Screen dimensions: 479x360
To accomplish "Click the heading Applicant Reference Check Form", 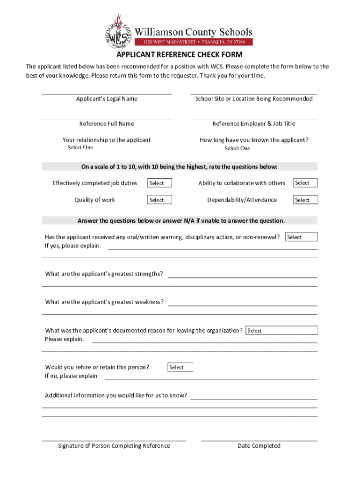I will [x=180, y=55].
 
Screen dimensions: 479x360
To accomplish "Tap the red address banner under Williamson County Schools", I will [x=194, y=42].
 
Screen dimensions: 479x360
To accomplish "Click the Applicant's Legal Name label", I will [x=107, y=99].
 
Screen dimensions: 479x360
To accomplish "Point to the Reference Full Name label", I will [x=107, y=123].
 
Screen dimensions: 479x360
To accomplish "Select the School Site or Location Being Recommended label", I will [x=254, y=99].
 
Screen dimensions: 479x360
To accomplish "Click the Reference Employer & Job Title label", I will [x=254, y=123].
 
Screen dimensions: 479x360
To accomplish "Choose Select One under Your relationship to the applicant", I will [x=80, y=147].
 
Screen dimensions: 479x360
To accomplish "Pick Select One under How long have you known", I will [x=237, y=148].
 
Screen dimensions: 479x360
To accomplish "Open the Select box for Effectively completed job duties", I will [x=160, y=183].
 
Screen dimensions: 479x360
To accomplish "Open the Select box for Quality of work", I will [x=160, y=200].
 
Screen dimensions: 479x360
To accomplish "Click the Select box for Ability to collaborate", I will [x=305, y=183].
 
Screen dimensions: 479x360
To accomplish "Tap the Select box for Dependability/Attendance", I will [x=305, y=200].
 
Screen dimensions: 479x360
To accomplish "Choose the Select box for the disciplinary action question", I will [x=301, y=237].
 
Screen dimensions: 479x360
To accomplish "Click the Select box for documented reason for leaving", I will [x=281, y=331].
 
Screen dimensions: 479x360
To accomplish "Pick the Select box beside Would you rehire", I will [x=180, y=368].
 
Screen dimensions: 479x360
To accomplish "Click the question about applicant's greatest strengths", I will [x=104, y=274].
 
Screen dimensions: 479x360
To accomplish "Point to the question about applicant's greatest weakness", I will [x=104, y=302].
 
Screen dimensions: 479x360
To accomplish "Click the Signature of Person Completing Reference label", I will [x=114, y=446].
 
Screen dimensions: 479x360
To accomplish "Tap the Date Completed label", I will [x=259, y=446].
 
